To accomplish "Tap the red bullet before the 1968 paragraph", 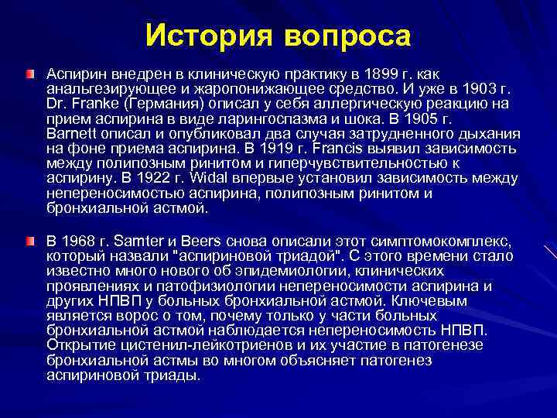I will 29,242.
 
